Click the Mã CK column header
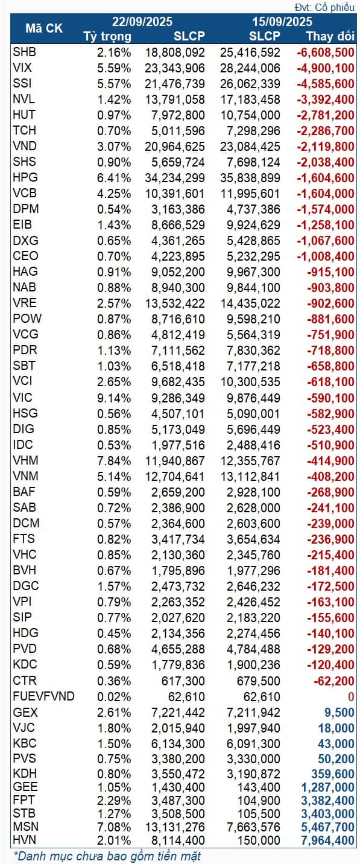(43, 28)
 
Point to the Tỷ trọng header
(107, 36)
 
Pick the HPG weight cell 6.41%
(114, 178)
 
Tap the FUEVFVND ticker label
(43, 696)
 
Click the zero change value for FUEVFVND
(350, 696)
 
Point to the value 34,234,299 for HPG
(175, 178)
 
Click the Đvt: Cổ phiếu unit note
(326, 7)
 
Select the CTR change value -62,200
(334, 681)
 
